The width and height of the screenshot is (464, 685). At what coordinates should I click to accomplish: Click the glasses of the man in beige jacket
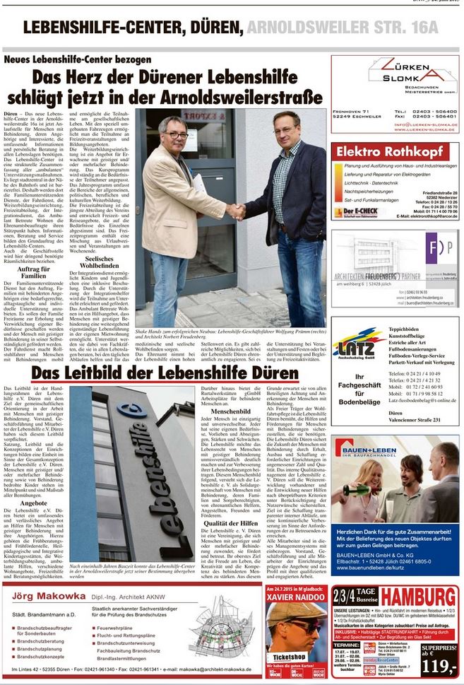[175, 134]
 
